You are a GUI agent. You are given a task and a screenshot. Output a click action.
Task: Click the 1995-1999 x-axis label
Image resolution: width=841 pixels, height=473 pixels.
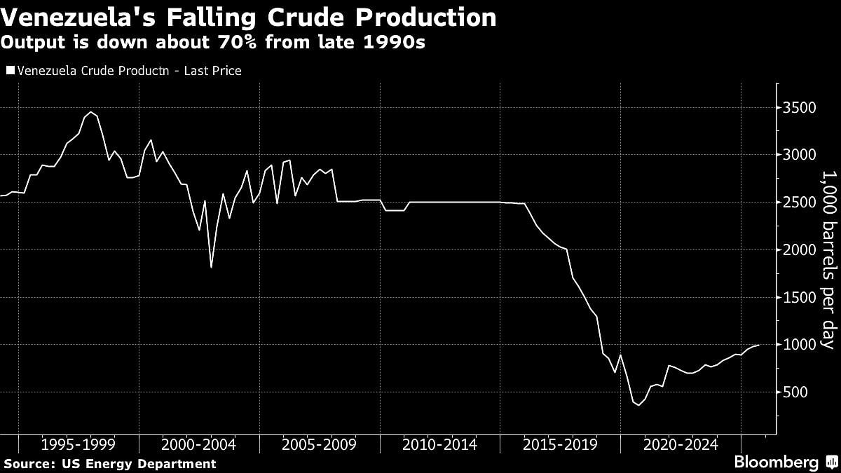(x=78, y=444)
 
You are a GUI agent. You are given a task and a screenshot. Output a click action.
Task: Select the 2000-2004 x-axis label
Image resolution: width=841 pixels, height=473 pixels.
(x=198, y=444)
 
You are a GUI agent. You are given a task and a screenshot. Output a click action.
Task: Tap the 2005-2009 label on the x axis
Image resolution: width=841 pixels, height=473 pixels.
(x=319, y=444)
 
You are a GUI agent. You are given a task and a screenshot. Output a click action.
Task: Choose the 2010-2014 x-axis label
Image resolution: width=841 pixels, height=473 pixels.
(x=439, y=444)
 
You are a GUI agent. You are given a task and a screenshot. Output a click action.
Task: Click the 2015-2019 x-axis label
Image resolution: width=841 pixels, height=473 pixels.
(x=560, y=444)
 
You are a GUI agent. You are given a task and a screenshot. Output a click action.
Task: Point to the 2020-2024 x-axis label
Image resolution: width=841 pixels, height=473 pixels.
(x=681, y=444)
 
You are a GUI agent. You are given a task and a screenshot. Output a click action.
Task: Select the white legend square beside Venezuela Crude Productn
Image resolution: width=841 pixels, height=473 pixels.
(x=10, y=70)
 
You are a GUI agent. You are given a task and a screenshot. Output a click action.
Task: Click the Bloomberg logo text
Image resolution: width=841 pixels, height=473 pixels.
(x=776, y=462)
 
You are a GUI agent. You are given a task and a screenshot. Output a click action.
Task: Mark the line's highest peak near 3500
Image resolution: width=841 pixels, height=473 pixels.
(x=91, y=112)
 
